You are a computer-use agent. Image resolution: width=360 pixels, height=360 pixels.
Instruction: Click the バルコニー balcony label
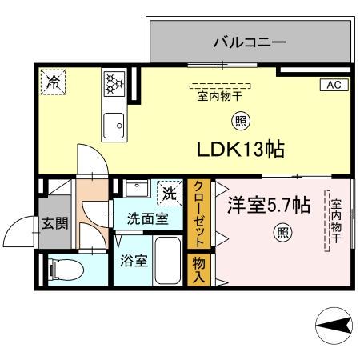pos(249,42)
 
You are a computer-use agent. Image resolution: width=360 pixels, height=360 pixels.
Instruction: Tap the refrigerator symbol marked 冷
pos(54,82)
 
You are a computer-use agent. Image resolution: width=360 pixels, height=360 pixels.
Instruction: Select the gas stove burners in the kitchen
pos(113,82)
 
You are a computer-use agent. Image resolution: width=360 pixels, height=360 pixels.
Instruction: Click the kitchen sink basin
pos(113,126)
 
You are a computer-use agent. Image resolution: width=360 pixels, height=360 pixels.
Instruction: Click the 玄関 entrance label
pos(55,222)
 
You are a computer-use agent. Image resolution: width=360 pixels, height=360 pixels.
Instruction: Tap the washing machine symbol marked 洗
pos(169,192)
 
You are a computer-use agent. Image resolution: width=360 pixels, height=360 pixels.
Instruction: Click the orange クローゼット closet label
pos(198,214)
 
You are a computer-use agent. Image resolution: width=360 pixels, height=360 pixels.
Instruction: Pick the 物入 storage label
pos(197,270)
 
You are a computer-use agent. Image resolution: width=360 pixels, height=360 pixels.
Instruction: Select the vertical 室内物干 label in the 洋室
pos(337,218)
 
